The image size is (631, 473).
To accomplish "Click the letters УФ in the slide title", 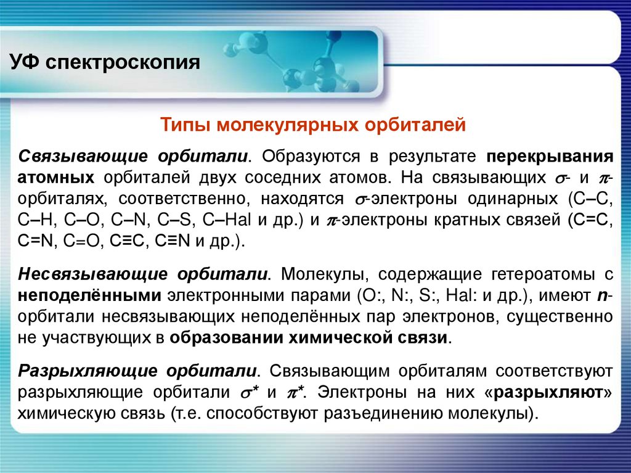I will (24, 63).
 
